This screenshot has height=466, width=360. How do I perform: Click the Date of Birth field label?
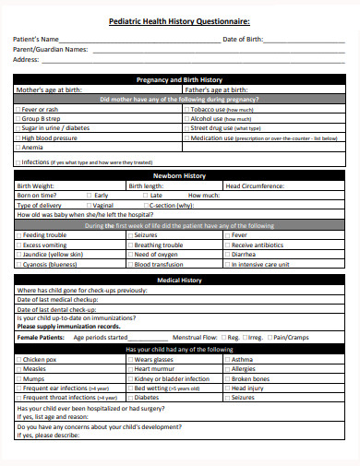click(x=243, y=40)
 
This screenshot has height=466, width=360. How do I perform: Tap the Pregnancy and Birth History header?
click(x=179, y=79)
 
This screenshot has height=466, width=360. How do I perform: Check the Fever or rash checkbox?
click(x=18, y=109)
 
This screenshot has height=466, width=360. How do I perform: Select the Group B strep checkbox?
click(x=18, y=118)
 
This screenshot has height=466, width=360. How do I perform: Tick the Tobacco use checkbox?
click(x=187, y=109)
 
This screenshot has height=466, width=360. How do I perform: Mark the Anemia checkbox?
click(x=18, y=147)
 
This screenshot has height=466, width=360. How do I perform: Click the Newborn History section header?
click(x=179, y=175)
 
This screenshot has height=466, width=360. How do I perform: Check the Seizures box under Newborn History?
click(x=130, y=235)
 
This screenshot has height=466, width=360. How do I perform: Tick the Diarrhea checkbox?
click(x=227, y=254)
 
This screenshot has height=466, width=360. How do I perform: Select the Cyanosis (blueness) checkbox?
click(x=18, y=264)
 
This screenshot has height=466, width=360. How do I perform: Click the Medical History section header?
click(x=179, y=279)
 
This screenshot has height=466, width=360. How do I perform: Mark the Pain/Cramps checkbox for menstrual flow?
click(x=269, y=338)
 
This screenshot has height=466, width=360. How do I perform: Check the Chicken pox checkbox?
click(x=18, y=359)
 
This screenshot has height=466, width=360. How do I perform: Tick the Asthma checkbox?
click(x=227, y=359)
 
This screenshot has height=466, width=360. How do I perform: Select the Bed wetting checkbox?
click(x=130, y=388)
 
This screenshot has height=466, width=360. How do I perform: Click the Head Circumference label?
click(x=258, y=185)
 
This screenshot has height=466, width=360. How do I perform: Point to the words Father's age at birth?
click(x=216, y=90)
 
